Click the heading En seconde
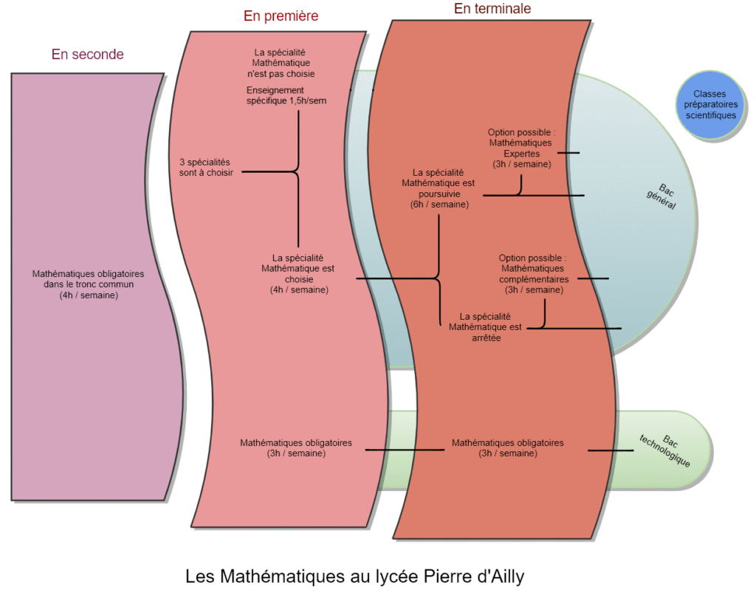click(x=87, y=54)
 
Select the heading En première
click(x=281, y=16)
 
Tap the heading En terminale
click(x=492, y=9)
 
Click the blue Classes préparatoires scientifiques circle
click(x=710, y=104)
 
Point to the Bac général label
click(x=661, y=194)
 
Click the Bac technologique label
click(x=666, y=450)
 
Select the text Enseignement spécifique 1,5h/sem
click(x=286, y=95)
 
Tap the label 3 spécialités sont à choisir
click(x=205, y=167)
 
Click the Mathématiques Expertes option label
click(x=521, y=148)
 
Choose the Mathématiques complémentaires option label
click(x=533, y=274)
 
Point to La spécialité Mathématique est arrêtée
click(x=485, y=326)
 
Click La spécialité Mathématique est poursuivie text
click(x=439, y=188)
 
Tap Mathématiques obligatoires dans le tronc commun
click(x=88, y=284)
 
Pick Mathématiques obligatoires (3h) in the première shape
click(x=295, y=448)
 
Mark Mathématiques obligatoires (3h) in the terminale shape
click(x=507, y=448)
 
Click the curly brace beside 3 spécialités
click(x=297, y=171)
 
